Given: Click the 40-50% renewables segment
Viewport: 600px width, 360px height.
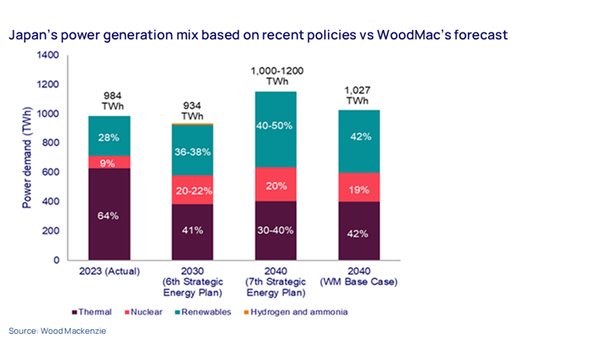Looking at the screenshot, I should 277,124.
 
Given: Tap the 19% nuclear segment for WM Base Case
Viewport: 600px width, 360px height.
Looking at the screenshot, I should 358,190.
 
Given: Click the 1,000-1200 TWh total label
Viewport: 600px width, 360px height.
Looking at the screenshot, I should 277,75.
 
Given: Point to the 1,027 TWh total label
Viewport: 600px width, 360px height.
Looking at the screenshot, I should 357,95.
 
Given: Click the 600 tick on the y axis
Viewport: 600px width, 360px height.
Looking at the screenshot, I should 49,172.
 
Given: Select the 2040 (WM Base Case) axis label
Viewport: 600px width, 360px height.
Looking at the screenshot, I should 358,277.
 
